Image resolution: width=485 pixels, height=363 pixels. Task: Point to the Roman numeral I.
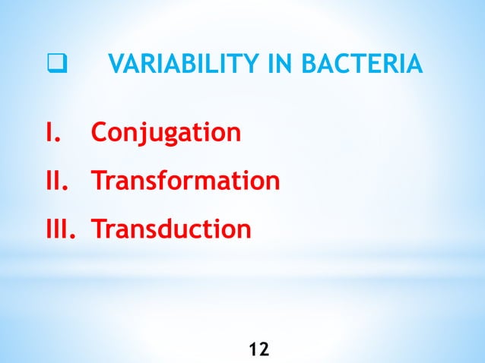[53, 133]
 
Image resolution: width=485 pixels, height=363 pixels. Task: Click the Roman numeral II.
[58, 181]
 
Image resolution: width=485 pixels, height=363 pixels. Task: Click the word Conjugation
[166, 134]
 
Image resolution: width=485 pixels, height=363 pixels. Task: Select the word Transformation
[185, 181]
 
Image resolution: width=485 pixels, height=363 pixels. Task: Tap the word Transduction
[171, 229]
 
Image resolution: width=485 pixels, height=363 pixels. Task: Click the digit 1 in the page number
[253, 349]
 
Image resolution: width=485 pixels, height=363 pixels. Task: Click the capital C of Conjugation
[100, 133]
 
